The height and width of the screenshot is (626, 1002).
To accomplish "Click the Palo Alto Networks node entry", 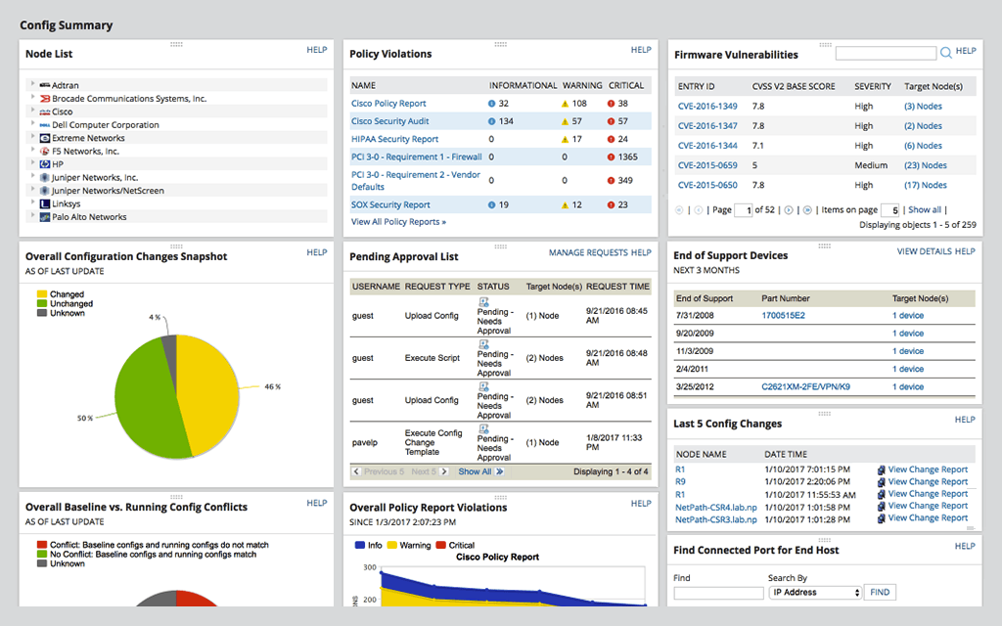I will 89,217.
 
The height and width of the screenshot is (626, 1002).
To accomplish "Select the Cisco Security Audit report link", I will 389,121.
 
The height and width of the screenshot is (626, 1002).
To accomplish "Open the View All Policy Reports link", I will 398,222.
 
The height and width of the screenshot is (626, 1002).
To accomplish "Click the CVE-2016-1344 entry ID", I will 707,146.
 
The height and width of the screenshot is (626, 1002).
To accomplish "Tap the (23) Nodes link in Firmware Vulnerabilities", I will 925,165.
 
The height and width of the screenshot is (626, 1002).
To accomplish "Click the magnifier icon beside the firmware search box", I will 945,53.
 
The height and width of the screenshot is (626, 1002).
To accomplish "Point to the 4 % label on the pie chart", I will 155,317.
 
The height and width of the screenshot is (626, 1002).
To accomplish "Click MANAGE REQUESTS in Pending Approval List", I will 588,252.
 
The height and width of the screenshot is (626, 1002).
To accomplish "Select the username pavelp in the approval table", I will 365,442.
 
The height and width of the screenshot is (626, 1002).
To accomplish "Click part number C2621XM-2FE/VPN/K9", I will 805,387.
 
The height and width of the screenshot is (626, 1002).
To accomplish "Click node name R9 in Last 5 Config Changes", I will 680,481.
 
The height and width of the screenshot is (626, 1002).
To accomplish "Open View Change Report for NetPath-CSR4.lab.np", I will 927,506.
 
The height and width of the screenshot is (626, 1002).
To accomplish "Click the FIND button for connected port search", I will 880,592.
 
